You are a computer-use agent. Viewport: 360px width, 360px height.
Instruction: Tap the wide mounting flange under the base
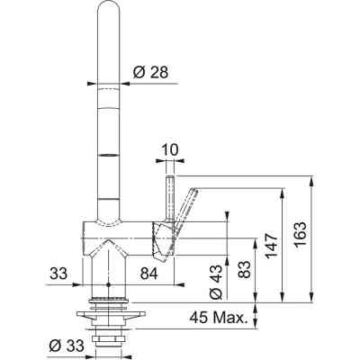click(x=107, y=312)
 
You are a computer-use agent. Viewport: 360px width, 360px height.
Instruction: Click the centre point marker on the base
click(x=107, y=285)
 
